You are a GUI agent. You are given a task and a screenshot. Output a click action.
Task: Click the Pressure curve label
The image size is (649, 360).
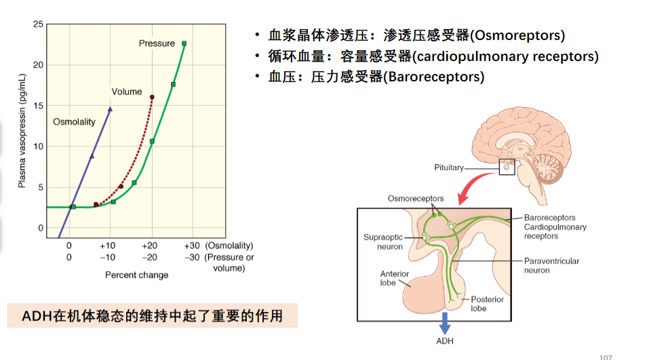[157, 43]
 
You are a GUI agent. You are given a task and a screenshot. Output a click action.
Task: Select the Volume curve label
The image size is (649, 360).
[127, 92]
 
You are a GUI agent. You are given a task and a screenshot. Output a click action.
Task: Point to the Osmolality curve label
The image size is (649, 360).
[74, 122]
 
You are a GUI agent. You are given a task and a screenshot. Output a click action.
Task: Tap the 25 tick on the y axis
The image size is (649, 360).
[38, 24]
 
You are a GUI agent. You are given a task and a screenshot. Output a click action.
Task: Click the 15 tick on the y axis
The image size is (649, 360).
[38, 106]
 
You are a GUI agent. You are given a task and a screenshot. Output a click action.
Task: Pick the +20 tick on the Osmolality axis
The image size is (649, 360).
[149, 246]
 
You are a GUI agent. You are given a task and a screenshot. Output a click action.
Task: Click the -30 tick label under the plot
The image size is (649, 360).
[192, 258]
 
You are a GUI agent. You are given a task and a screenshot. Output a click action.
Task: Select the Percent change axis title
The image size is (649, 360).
[136, 275]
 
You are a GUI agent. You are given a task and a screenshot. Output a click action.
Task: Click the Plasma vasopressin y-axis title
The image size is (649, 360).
[22, 131]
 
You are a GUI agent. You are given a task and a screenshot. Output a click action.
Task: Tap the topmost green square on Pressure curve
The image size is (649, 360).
[184, 43]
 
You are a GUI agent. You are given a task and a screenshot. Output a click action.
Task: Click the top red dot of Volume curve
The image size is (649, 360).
[152, 97]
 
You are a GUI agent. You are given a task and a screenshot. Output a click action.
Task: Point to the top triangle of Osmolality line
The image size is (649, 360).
[110, 109]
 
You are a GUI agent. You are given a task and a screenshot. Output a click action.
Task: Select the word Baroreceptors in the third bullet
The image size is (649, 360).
[434, 77]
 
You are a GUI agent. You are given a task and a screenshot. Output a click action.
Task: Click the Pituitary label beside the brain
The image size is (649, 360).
[449, 167]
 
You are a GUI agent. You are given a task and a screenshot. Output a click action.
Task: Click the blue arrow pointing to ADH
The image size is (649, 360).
[444, 323]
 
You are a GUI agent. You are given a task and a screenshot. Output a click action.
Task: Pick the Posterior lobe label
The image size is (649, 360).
[487, 304]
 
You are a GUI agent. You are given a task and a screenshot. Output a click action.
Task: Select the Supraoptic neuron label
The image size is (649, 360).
[383, 242]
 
